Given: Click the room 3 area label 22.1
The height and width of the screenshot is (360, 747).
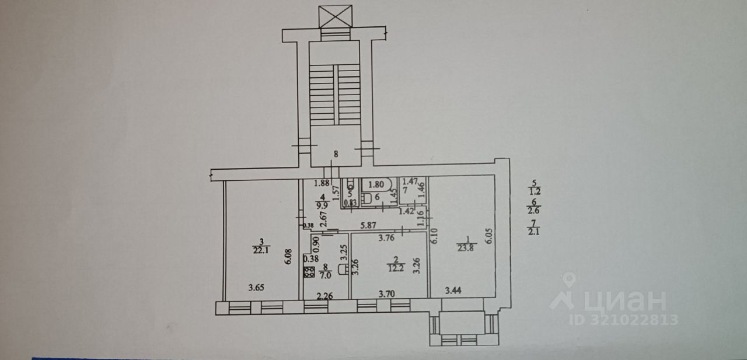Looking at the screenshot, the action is [x=263, y=251].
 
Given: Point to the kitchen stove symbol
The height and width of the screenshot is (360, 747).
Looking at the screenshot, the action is [x=309, y=271].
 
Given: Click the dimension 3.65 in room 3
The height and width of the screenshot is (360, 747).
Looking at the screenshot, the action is [x=257, y=287].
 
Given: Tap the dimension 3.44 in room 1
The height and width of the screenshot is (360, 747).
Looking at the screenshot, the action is [x=455, y=289].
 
